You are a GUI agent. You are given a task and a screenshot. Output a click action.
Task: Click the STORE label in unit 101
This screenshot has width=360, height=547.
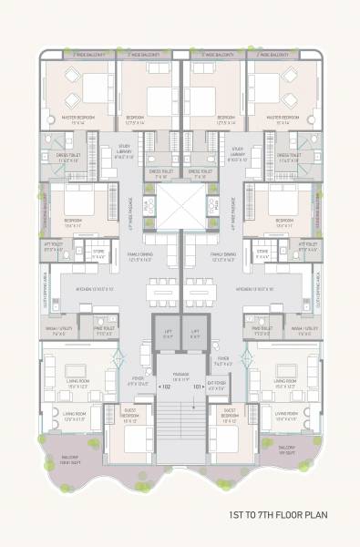coord(262,255)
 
